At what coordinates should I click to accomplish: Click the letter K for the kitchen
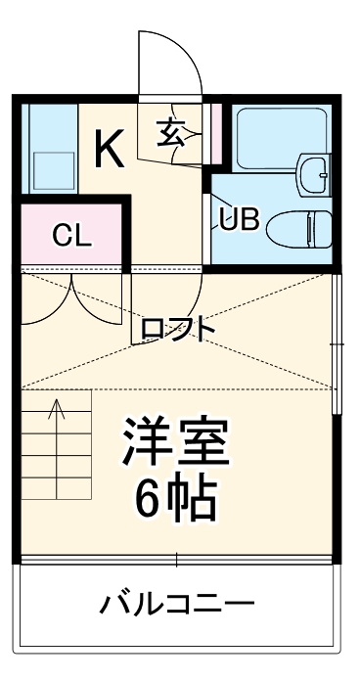click(x=109, y=150)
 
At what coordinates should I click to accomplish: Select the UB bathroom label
click(x=239, y=219)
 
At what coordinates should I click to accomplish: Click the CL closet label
click(x=70, y=235)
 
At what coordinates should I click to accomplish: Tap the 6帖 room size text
click(x=176, y=500)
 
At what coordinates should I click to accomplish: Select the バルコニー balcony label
click(x=177, y=603)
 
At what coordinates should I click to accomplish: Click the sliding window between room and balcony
click(x=177, y=560)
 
